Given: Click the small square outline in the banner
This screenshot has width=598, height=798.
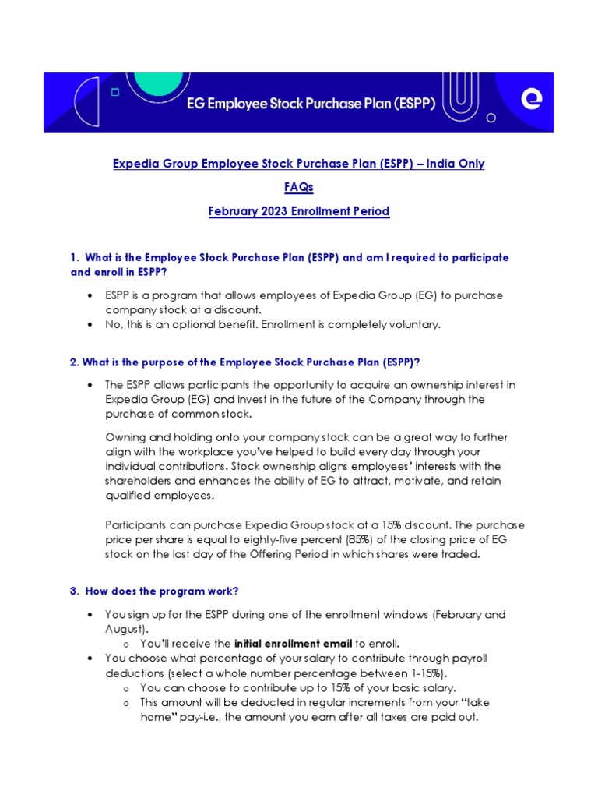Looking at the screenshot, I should pyautogui.click(x=115, y=92).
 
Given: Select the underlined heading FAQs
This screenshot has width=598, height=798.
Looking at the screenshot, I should pyautogui.click(x=298, y=188).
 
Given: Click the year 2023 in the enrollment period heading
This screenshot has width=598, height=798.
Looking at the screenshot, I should pyautogui.click(x=275, y=211).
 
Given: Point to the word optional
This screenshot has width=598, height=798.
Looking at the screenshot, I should pyautogui.click(x=193, y=324).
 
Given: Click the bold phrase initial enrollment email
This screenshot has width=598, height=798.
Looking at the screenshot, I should pyautogui.click(x=293, y=644).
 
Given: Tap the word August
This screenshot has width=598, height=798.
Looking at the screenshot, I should pyautogui.click(x=124, y=628).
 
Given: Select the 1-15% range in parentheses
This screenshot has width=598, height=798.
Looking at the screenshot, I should pyautogui.click(x=424, y=673).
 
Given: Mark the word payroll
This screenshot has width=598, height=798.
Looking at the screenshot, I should pyautogui.click(x=469, y=659).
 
